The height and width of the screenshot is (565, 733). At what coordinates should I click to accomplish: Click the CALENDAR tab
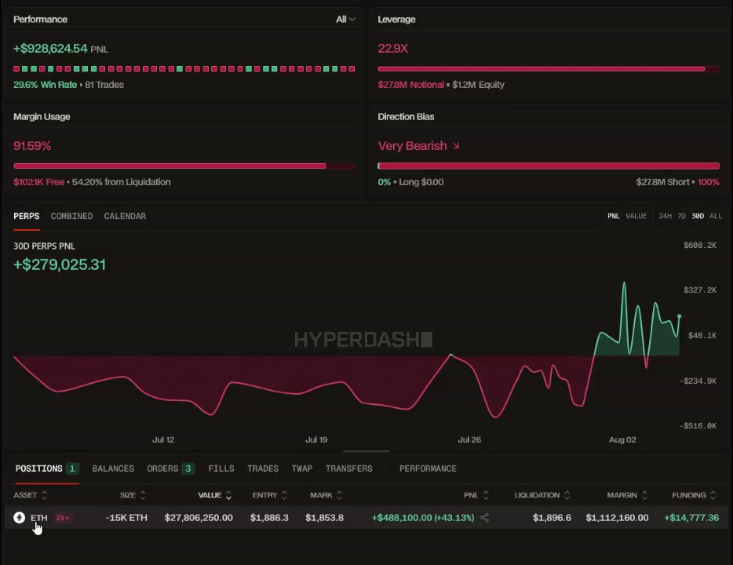125,216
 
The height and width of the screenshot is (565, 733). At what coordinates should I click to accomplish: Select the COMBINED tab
71,216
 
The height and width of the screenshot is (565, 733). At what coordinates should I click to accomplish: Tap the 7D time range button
681,216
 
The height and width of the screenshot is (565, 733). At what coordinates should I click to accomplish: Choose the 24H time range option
666,216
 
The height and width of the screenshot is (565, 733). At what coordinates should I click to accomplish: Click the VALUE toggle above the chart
636,216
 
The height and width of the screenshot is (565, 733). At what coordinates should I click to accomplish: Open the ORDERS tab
170,468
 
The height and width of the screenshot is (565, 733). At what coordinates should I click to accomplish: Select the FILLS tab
221,468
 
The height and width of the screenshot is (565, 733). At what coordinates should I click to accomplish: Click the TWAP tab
302,468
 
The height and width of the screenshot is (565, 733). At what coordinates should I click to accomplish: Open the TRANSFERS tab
348,468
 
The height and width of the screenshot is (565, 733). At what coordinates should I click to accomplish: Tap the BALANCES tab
113,468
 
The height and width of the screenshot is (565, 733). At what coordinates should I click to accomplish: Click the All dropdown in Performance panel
345,19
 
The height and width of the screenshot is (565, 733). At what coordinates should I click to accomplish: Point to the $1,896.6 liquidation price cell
552,517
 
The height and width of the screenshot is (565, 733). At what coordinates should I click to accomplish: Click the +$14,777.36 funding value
691,517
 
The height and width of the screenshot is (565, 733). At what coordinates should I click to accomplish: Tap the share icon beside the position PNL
485,517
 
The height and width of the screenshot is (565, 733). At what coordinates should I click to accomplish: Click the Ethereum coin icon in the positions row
19,517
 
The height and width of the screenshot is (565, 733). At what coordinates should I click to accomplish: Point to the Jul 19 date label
316,439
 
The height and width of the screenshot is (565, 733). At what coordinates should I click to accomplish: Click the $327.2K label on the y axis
700,290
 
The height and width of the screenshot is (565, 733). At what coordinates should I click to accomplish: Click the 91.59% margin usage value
32,146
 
